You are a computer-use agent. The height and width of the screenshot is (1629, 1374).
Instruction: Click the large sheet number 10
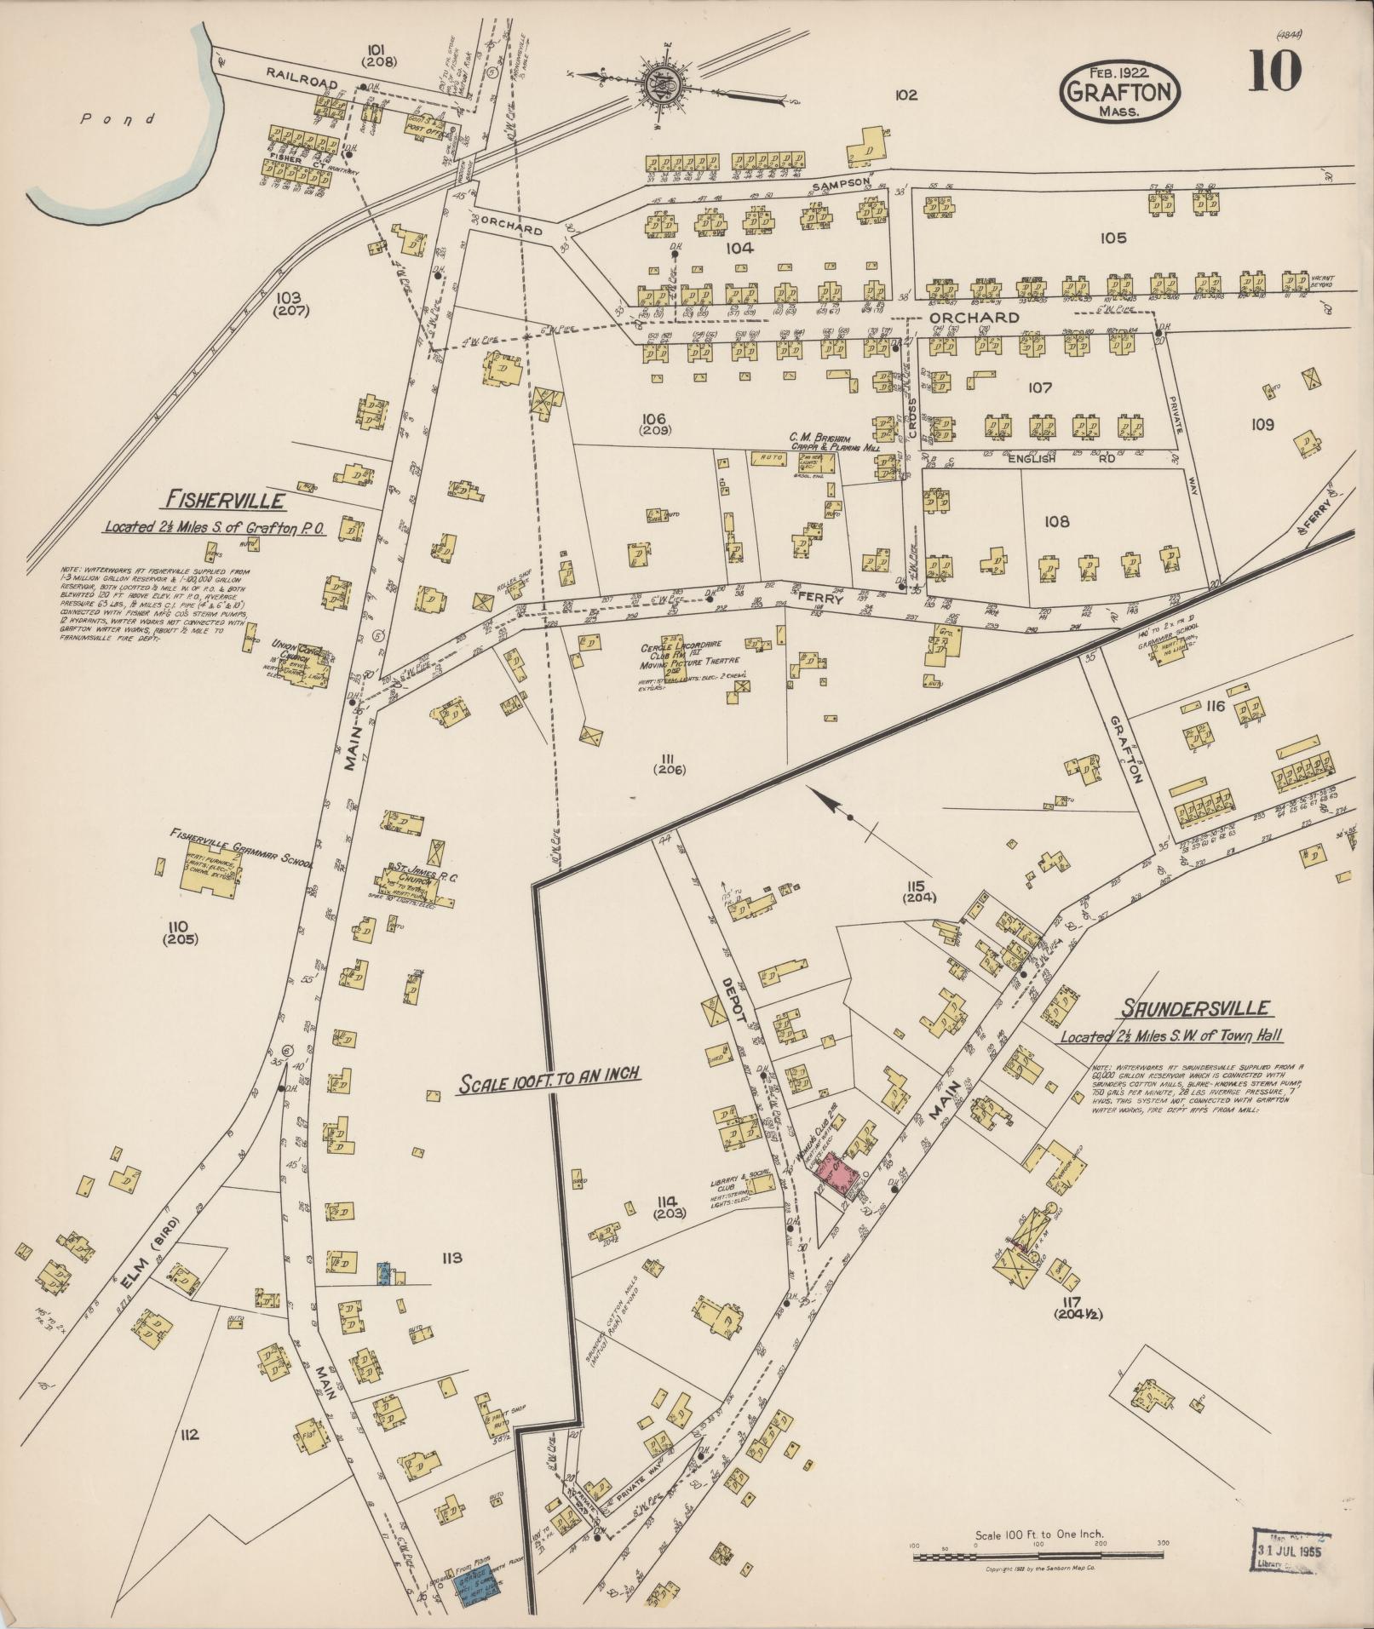pyautogui.click(x=1275, y=70)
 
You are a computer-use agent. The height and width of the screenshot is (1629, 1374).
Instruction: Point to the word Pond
pyautogui.click(x=118, y=119)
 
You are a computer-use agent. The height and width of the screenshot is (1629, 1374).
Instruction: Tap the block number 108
pyautogui.click(x=1056, y=521)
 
